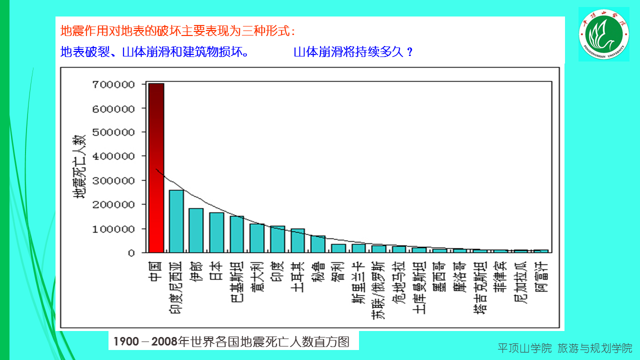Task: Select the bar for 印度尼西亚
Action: click(176, 221)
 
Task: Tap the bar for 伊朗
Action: click(196, 230)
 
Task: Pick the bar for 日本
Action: click(216, 232)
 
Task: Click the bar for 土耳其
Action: click(297, 240)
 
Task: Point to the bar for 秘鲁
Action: click(318, 244)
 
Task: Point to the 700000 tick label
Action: click(113, 84)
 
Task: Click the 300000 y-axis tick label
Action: click(113, 180)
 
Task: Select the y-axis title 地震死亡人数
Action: click(80, 166)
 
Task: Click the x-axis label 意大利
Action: click(257, 277)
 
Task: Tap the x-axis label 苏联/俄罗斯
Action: click(378, 289)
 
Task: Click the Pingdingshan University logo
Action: click(603, 34)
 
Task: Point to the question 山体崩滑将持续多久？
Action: click(353, 52)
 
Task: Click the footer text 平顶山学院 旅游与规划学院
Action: click(564, 348)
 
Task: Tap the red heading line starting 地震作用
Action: click(177, 31)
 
